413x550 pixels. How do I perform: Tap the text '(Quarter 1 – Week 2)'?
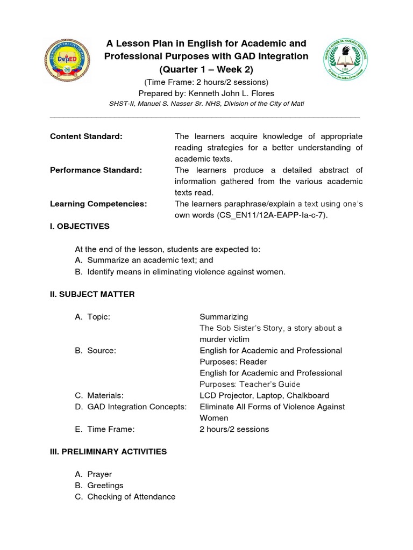pyautogui.click(x=206, y=70)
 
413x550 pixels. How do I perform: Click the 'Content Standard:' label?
pyautogui.click(x=86, y=136)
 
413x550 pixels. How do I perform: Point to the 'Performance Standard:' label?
pyautogui.click(x=96, y=170)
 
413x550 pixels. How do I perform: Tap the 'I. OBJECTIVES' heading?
pyautogui.click(x=80, y=226)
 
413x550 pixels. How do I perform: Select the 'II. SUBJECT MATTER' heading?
pyautogui.click(x=92, y=294)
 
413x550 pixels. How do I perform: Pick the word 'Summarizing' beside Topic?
pyautogui.click(x=224, y=317)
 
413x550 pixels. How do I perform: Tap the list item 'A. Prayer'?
pyautogui.click(x=94, y=474)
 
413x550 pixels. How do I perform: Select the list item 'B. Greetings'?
pyautogui.click(x=99, y=486)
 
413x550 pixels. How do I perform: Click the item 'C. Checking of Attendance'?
pyautogui.click(x=125, y=497)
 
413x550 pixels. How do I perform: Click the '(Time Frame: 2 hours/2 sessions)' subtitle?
pyautogui.click(x=206, y=82)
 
